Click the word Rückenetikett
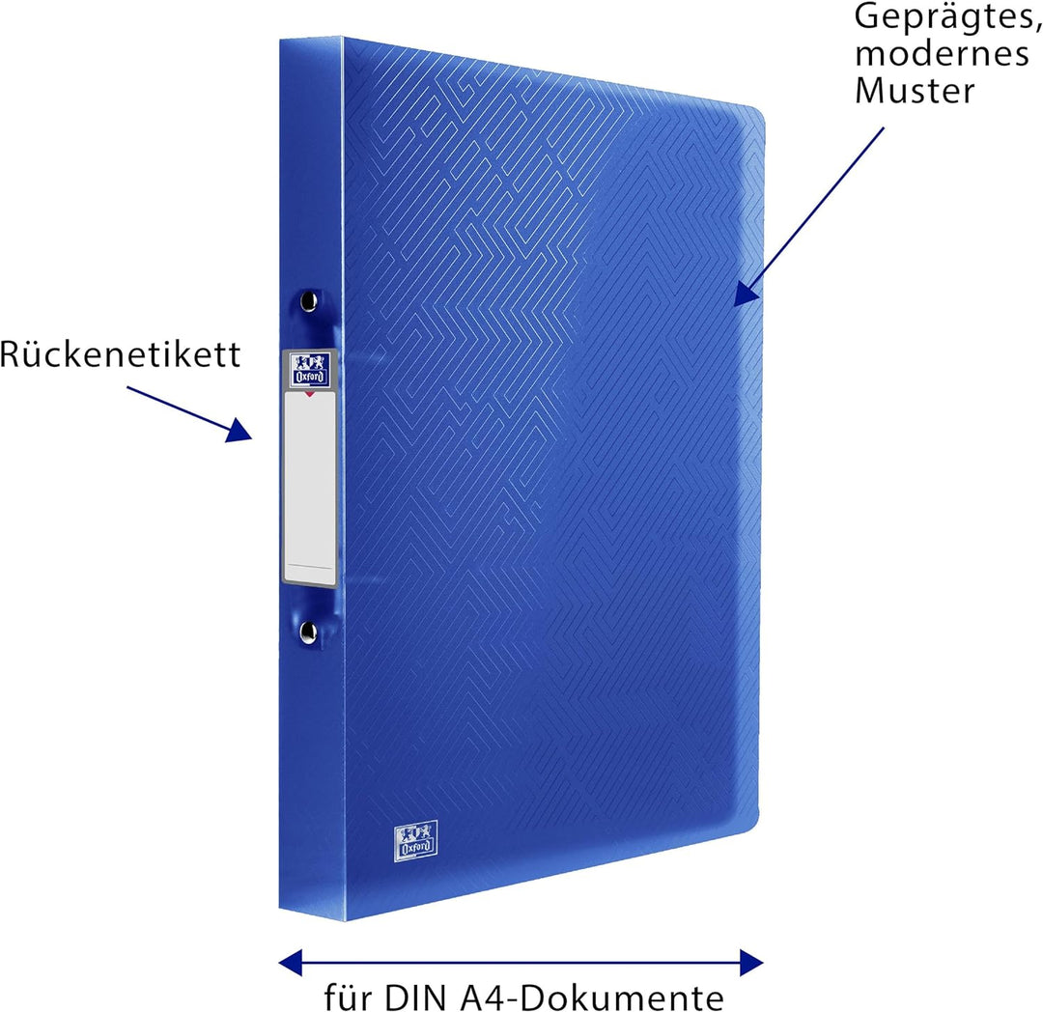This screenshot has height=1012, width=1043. (120, 355)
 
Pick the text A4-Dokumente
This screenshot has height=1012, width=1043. (599, 996)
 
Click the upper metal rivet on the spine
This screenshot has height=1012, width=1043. (308, 301)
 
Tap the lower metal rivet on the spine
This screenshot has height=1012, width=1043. (308, 632)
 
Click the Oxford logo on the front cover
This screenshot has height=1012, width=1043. (415, 837)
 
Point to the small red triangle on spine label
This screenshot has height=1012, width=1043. (309, 394)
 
